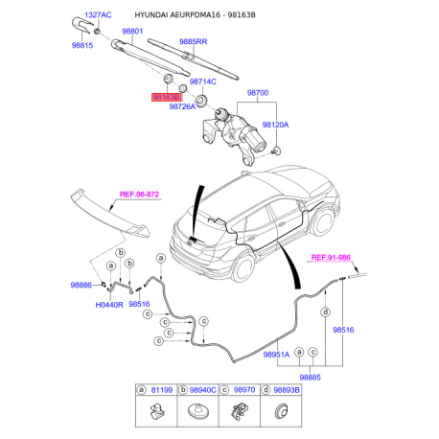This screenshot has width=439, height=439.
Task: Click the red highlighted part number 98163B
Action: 166,97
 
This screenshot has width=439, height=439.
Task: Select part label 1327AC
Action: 98,15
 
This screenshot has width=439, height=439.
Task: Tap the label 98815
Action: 82,45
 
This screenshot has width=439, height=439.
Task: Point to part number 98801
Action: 132,32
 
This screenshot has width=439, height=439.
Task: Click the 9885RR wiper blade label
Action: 193,41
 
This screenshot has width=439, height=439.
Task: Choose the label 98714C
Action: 203,81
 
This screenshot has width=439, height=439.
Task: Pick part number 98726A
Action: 182,106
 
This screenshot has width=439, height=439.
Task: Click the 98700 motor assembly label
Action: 258,93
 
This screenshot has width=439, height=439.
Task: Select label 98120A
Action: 275,125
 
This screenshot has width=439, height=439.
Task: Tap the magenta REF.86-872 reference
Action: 139,195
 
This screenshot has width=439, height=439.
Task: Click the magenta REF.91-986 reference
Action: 331,258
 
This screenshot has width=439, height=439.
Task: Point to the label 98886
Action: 81,285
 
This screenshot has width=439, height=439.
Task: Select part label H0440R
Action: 109,305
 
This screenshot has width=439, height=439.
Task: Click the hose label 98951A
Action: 276,355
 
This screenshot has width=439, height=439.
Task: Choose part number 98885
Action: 310,378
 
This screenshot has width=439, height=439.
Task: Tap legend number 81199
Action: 162,390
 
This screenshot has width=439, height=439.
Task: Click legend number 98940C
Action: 203,390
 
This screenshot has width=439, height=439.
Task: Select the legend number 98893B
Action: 287,390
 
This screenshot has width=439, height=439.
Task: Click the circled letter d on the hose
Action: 325,312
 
